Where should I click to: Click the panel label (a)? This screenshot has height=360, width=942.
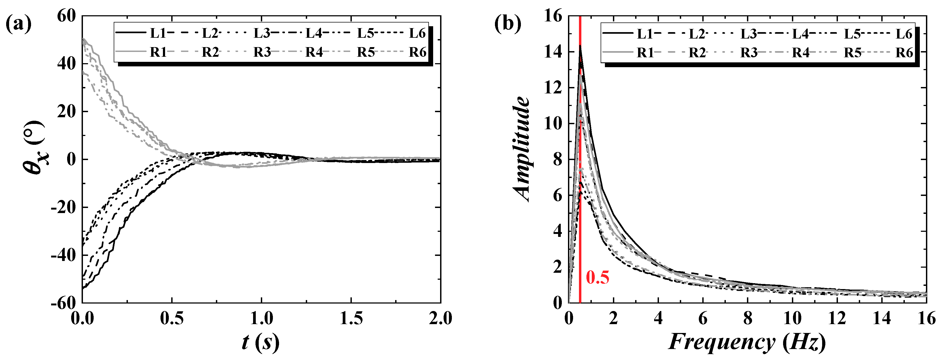point(18,24)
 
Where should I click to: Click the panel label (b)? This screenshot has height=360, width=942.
point(508,24)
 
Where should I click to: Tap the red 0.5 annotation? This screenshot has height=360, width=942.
point(597,277)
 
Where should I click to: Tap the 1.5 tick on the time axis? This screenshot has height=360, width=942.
point(351,318)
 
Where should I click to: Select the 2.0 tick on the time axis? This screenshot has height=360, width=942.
point(440,318)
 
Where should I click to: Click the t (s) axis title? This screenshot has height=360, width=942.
point(260,342)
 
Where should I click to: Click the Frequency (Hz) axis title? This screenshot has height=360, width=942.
point(747,342)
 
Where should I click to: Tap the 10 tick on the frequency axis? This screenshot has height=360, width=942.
point(792,318)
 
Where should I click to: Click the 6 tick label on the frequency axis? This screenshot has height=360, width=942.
point(703,318)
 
